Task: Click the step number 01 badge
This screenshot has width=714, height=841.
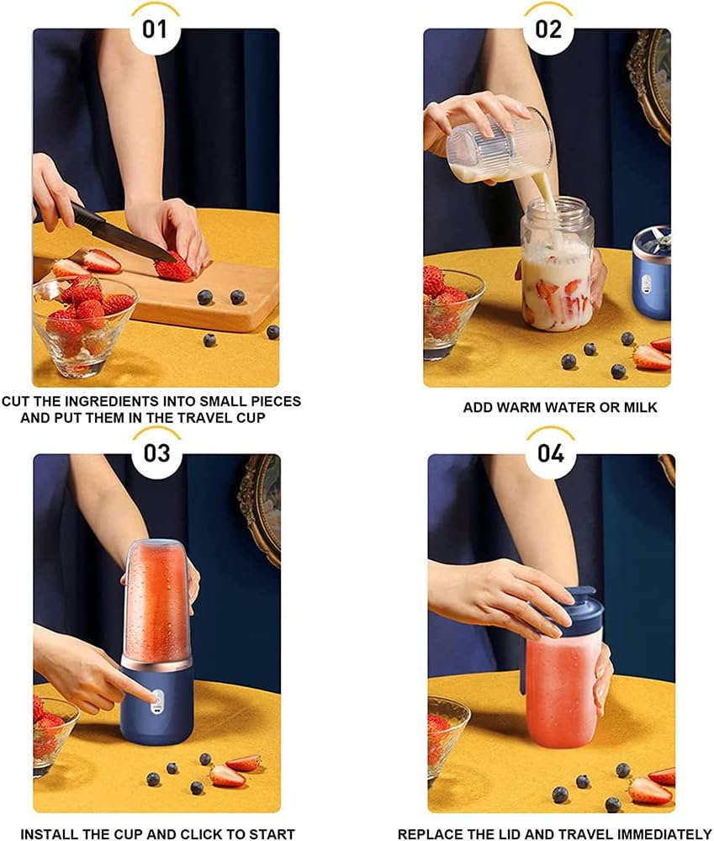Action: (x=155, y=29)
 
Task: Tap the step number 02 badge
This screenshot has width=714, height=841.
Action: (x=548, y=29)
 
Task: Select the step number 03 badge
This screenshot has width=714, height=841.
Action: (x=156, y=453)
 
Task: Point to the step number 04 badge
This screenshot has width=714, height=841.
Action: (x=550, y=453)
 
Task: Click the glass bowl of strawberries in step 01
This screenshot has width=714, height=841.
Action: (x=84, y=326)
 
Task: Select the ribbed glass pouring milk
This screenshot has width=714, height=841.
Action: (x=500, y=144)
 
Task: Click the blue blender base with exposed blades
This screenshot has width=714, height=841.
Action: (x=651, y=273)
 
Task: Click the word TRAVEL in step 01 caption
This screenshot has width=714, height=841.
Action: (x=208, y=418)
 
